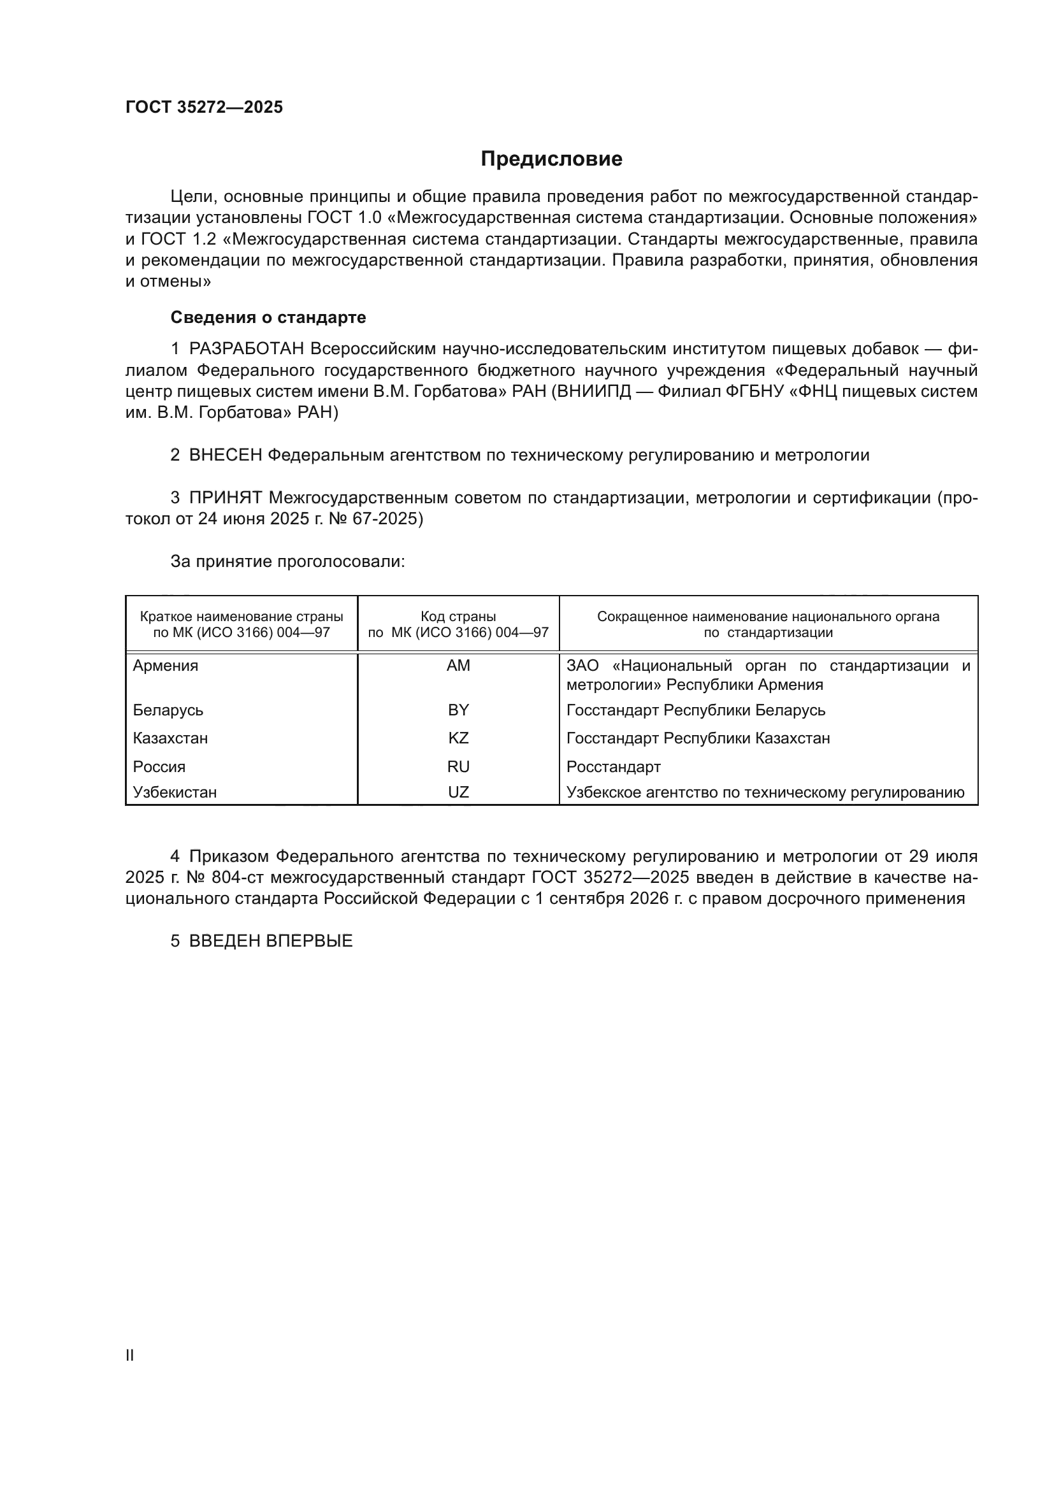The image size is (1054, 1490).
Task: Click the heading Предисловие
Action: pyautogui.click(x=551, y=159)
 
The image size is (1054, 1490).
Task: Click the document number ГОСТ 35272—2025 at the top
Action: pyautogui.click(x=205, y=107)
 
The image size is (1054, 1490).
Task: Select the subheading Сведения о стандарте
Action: pyautogui.click(x=268, y=317)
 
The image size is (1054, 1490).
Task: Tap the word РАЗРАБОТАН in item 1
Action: pyautogui.click(x=247, y=349)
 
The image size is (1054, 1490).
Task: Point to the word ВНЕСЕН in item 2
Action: pyautogui.click(x=225, y=455)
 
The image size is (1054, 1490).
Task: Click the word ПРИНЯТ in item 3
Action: pyautogui.click(x=225, y=498)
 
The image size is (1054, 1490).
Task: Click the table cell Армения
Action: pyautogui.click(x=166, y=666)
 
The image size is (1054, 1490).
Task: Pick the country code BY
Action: pyautogui.click(x=458, y=710)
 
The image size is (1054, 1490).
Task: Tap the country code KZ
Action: pyautogui.click(x=458, y=738)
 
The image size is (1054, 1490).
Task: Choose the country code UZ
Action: pyautogui.click(x=458, y=792)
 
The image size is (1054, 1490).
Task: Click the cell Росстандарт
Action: pyautogui.click(x=613, y=767)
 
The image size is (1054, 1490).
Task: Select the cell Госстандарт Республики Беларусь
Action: pyautogui.click(x=696, y=710)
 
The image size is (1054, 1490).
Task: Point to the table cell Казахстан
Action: pyautogui.click(x=170, y=738)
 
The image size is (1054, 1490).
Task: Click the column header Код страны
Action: pyautogui.click(x=458, y=617)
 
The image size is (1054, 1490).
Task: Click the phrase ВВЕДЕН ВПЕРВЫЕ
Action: pyautogui.click(x=271, y=941)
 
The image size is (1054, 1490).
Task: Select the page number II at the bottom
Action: pyautogui.click(x=130, y=1355)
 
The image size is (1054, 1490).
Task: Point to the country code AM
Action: pyautogui.click(x=458, y=666)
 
